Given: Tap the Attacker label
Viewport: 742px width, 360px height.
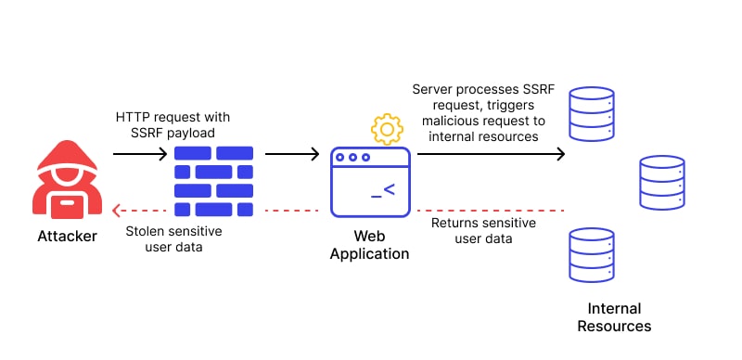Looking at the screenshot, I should pyautogui.click(x=66, y=236).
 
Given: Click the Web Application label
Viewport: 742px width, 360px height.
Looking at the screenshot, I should pyautogui.click(x=369, y=244).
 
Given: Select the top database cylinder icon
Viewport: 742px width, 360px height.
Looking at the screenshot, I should pyautogui.click(x=591, y=113).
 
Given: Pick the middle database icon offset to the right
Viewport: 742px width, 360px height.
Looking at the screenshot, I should pyautogui.click(x=662, y=182).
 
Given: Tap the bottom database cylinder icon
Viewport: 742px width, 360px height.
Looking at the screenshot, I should pyautogui.click(x=591, y=254).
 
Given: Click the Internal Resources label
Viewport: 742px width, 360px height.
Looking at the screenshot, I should pyautogui.click(x=614, y=317).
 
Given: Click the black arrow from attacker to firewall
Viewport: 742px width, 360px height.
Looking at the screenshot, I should pyautogui.click(x=139, y=153).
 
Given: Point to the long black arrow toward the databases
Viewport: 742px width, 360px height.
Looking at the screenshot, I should pyautogui.click(x=491, y=153).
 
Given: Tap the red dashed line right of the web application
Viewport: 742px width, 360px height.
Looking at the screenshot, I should pyautogui.click(x=491, y=210).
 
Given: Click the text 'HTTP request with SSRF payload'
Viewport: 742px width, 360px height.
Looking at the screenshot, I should pyautogui.click(x=173, y=125).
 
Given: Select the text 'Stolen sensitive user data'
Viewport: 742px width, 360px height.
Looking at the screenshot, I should pyautogui.click(x=174, y=238).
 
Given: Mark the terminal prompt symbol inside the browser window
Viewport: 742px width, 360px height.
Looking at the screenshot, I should pyautogui.click(x=383, y=191).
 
